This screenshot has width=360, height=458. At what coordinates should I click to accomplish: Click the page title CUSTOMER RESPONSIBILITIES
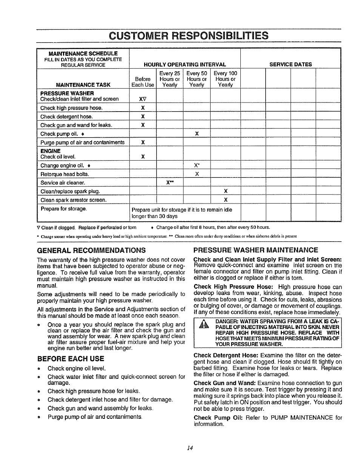[x=188, y=35]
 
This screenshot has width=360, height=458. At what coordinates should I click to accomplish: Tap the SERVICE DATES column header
[x=291, y=64]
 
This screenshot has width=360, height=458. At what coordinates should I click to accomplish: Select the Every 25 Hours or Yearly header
[x=169, y=79]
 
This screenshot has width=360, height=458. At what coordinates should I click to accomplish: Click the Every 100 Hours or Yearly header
[x=225, y=79]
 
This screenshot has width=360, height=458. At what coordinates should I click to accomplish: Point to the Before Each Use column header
[x=143, y=82]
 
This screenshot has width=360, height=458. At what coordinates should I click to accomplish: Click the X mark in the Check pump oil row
[x=197, y=134]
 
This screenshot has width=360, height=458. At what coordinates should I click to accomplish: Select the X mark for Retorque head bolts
[x=197, y=174]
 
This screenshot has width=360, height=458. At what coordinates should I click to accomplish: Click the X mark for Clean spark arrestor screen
[x=225, y=200]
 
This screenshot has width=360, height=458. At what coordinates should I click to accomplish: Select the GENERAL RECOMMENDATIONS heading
[x=91, y=250]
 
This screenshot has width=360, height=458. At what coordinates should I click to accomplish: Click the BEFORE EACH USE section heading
[x=70, y=358]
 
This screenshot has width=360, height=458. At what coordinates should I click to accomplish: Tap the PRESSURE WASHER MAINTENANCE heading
[x=255, y=250]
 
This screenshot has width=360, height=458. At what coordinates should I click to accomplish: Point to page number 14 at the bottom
[x=190, y=448]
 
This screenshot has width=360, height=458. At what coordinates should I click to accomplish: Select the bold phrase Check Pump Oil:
[x=218, y=418]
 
